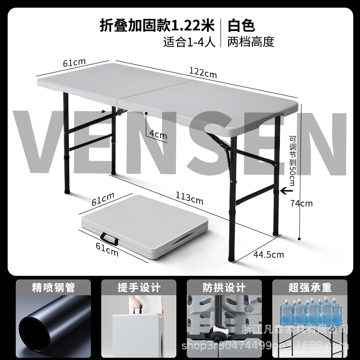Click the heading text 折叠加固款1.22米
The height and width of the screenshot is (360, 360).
157,25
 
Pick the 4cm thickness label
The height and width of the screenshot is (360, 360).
157,135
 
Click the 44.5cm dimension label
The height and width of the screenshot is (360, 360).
269,255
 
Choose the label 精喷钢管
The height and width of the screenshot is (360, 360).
53,287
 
